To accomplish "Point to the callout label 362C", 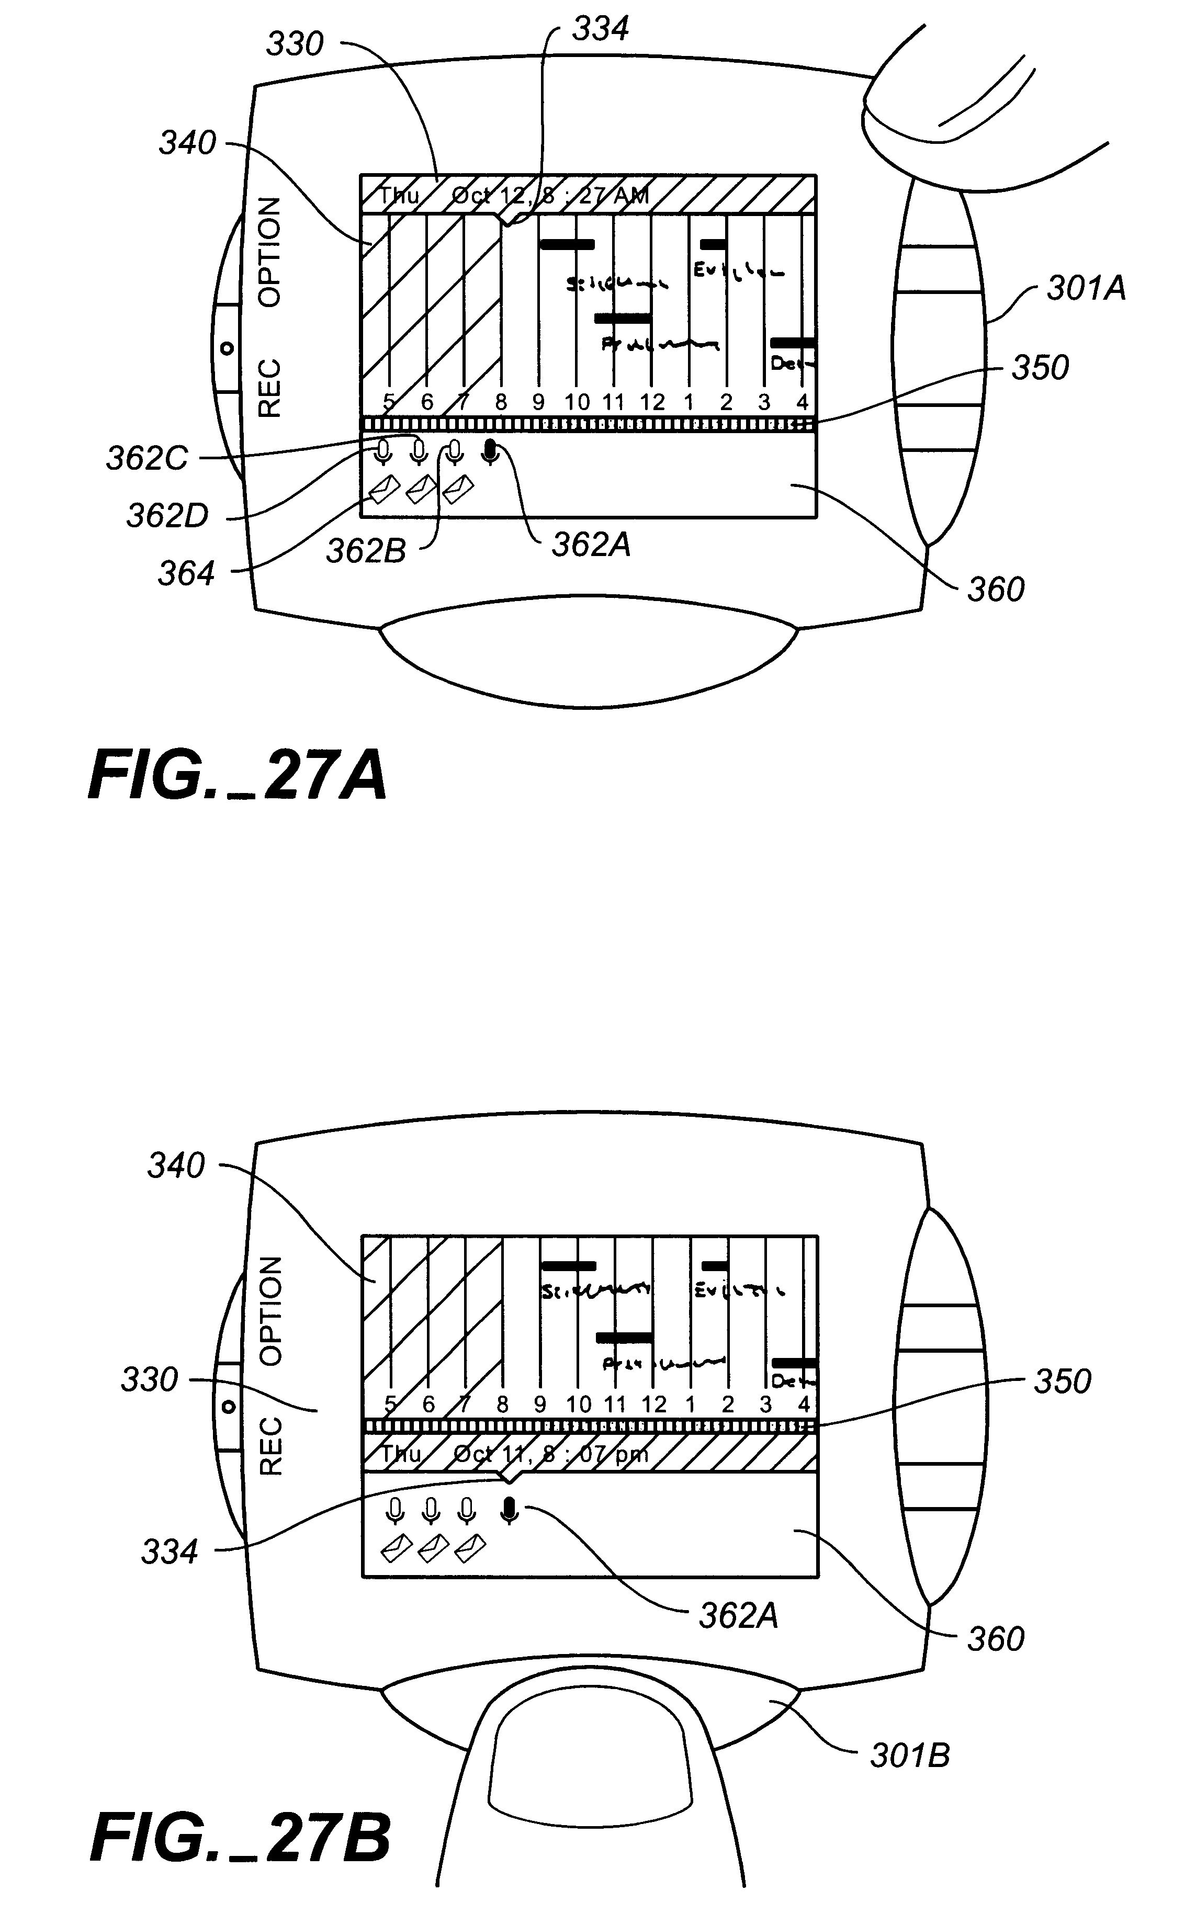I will tap(147, 459).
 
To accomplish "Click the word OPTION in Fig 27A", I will tap(270, 252).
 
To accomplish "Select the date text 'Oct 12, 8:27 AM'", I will tap(550, 195).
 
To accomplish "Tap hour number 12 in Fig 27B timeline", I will tap(654, 1405).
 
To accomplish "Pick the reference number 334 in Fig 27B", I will tap(170, 1552).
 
